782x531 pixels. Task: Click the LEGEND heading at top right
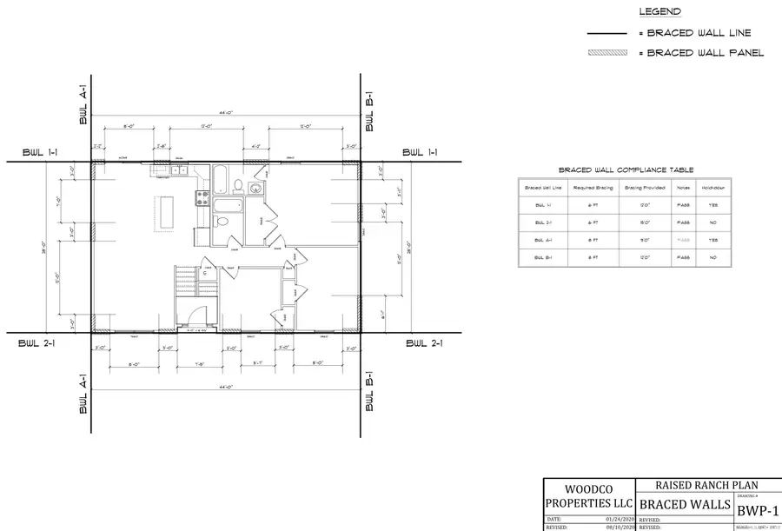pyautogui.click(x=659, y=12)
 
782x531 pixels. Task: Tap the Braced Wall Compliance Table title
pyautogui.click(x=626, y=170)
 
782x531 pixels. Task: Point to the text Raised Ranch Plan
pyautogui.click(x=684, y=486)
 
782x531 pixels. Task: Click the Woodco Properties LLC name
pyautogui.click(x=587, y=495)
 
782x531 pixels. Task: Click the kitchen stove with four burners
pyautogui.click(x=201, y=197)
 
